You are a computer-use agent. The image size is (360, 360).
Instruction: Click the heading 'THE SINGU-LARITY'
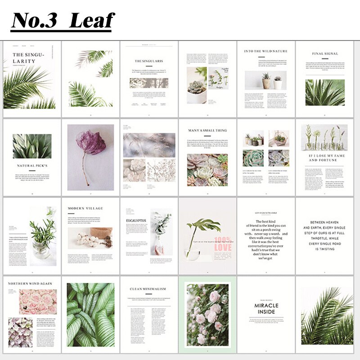coord(29,58)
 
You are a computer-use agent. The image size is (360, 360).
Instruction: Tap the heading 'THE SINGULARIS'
coord(148,60)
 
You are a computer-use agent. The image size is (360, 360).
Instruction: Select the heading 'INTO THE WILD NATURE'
coord(265,51)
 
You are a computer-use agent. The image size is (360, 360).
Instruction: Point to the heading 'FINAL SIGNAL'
coord(325,54)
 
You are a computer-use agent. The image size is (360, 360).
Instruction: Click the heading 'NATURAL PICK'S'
coord(32,166)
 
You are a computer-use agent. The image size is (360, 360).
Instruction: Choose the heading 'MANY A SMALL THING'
coord(207,130)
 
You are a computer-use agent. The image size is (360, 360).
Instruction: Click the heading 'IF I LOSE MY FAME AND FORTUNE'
coord(324,158)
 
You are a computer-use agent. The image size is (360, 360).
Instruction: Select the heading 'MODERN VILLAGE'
coord(85,208)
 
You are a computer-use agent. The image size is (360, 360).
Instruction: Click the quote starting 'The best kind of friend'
coord(265,239)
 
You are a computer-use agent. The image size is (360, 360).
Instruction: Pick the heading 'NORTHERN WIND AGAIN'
coord(30,284)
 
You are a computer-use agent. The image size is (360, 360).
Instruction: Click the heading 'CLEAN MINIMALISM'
coord(148,288)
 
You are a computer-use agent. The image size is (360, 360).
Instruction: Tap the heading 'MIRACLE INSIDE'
coord(266,309)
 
